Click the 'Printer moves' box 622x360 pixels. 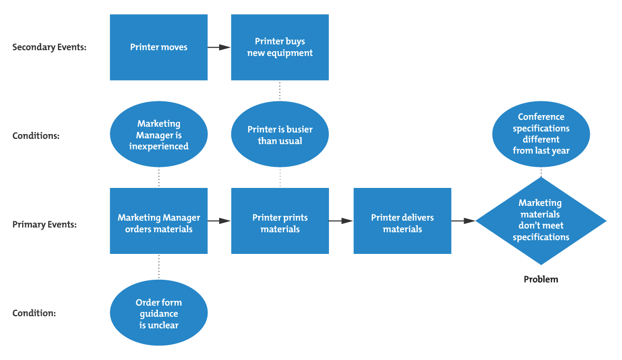coord(158,47)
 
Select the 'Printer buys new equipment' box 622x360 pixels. coord(280,47)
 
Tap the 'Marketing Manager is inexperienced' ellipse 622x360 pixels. coord(158,135)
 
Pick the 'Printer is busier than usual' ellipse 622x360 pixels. coord(280,135)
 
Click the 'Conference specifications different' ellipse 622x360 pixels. coord(541,134)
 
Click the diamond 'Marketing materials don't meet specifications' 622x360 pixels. coord(541,221)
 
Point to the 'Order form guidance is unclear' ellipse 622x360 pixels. coord(158,314)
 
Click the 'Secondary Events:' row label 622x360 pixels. coord(49,47)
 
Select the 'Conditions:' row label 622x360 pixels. coord(36,136)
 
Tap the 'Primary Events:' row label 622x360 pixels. coord(44,224)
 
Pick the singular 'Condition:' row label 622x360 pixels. coord(34,314)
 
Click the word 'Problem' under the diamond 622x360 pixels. coord(541,279)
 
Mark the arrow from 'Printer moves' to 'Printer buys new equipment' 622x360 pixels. coord(219,47)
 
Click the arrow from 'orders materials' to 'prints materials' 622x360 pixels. coord(219,221)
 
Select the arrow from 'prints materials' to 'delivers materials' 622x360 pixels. coord(341,221)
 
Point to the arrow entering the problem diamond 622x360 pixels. coord(463,221)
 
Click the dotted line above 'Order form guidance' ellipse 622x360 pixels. coord(158,267)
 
